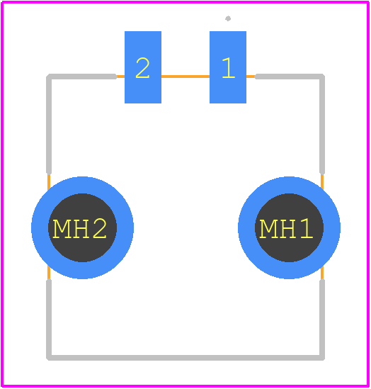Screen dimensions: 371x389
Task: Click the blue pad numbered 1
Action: pos(228,67)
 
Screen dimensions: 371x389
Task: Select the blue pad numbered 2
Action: pos(143,67)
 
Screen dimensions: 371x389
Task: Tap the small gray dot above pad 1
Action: pos(228,18)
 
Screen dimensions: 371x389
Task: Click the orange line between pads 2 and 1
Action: pos(185,77)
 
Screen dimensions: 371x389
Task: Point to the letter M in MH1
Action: pos(268,229)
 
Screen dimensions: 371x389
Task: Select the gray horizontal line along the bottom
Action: pos(185,358)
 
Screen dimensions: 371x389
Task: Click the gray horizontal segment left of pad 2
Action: pos(82,77)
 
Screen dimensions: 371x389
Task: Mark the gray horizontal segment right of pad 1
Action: pos(290,77)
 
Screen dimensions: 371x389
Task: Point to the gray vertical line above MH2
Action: pos(49,124)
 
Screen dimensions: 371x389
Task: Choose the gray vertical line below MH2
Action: pos(49,320)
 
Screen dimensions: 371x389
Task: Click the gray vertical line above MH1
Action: pos(322,124)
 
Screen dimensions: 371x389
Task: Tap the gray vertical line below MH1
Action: pos(322,320)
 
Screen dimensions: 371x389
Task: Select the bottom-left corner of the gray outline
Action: pos(49,358)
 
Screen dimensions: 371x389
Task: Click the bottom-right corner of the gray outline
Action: pos(322,358)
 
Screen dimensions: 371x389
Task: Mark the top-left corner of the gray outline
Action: pos(49,77)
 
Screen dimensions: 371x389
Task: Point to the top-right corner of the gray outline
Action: pos(322,77)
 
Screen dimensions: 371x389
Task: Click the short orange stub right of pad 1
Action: pos(251,77)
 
